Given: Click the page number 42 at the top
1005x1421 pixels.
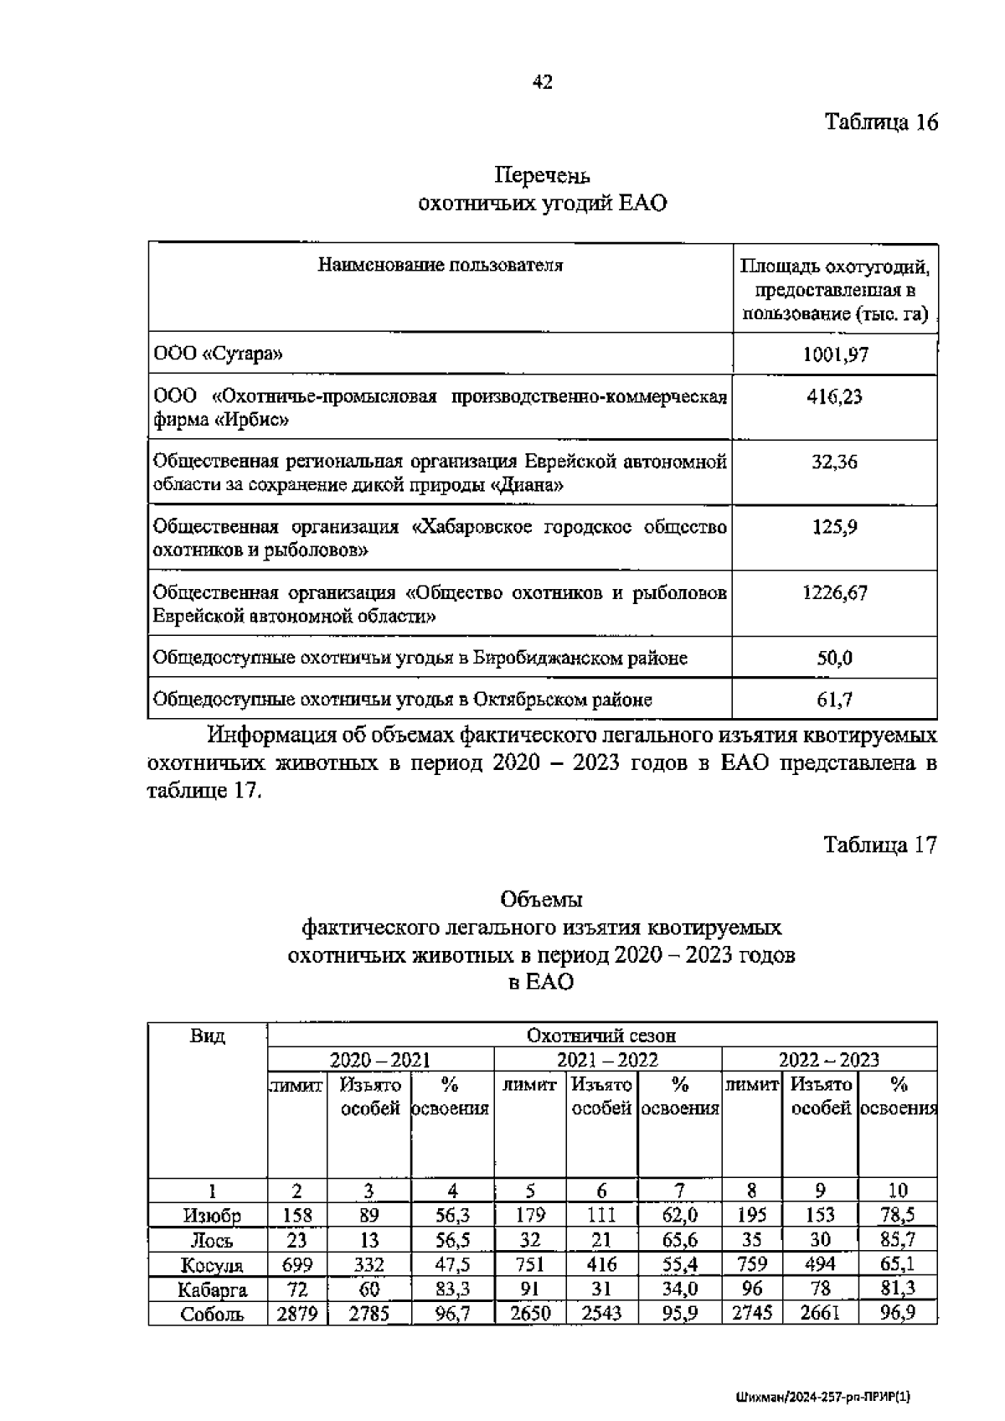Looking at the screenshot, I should tap(542, 82).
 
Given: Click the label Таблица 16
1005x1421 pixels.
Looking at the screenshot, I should tap(881, 122).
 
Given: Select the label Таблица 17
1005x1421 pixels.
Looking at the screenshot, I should tap(879, 845).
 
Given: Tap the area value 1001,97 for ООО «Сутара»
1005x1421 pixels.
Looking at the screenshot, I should tap(835, 354).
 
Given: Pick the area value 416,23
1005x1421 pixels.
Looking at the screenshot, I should tap(834, 396).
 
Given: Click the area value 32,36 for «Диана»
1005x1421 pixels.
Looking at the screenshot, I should tap(834, 462).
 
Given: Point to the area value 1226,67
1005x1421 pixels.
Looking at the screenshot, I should tap(834, 593).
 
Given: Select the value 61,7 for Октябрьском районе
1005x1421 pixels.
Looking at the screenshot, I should tap(834, 699).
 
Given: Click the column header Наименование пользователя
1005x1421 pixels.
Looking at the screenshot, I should tap(441, 266).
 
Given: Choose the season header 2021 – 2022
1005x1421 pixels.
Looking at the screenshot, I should tap(607, 1060).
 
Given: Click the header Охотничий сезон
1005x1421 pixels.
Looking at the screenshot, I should tap(600, 1036).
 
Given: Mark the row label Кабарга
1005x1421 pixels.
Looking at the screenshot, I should tap(212, 1289).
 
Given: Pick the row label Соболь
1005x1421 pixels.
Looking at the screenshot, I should tap(212, 1314).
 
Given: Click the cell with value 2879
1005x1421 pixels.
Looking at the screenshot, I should tap(296, 1314).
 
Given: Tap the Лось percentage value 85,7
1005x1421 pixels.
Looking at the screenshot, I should tap(897, 1241).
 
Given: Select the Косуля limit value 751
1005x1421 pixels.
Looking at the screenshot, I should tap(529, 1265).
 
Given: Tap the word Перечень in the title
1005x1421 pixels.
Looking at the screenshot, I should tap(542, 176).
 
